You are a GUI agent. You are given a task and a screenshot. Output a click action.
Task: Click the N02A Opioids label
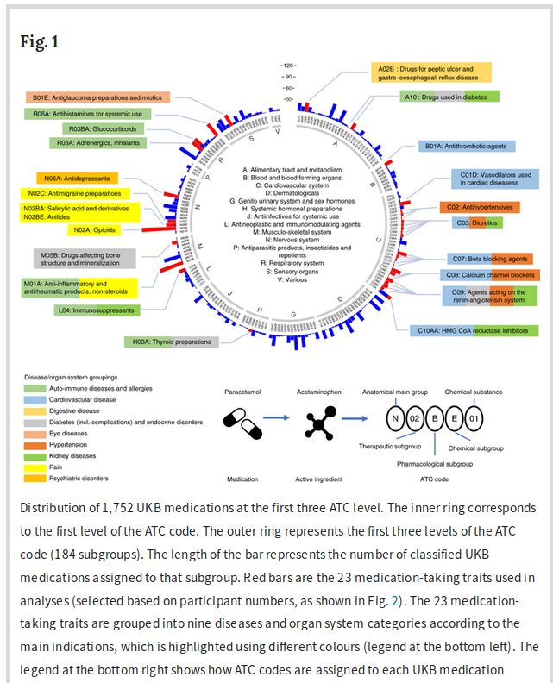click(94, 229)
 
